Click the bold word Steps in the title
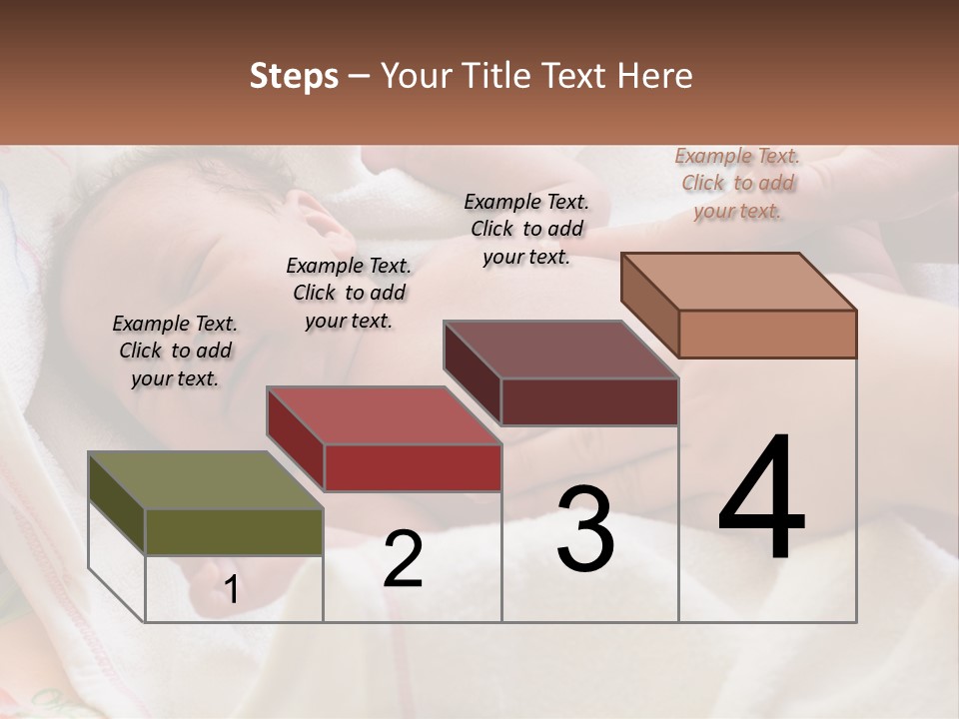(x=294, y=76)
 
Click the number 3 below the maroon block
(x=585, y=529)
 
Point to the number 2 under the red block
(x=403, y=559)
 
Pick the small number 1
(x=232, y=589)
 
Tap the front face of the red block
(x=413, y=467)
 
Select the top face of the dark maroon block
(x=560, y=350)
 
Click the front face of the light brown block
(x=767, y=334)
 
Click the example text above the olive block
(x=175, y=351)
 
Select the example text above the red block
(x=349, y=293)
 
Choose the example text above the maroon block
(x=526, y=229)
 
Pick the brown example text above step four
(x=737, y=183)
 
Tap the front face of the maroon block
(x=589, y=402)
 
